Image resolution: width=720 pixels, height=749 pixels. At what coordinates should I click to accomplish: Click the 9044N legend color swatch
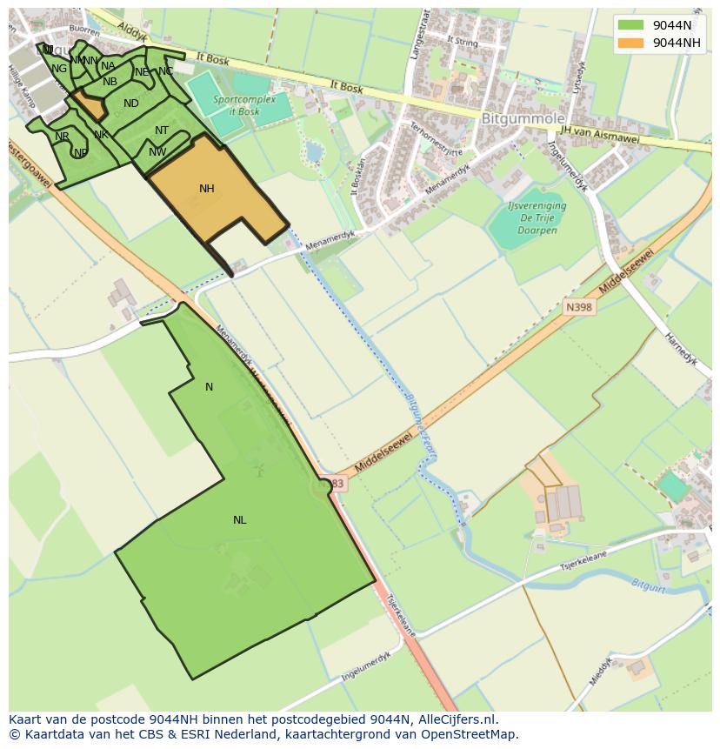[630, 25]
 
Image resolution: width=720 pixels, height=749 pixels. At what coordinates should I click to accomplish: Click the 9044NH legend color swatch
[630, 43]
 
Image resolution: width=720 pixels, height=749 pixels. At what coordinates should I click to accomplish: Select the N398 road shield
[578, 307]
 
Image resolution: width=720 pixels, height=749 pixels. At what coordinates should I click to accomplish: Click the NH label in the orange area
[206, 189]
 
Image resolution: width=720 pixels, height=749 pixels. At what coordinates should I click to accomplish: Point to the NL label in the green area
[239, 520]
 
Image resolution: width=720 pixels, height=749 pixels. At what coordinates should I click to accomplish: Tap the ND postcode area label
[131, 104]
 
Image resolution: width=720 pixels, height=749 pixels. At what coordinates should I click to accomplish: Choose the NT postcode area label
[162, 130]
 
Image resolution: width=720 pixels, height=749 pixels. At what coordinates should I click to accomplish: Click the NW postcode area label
[157, 152]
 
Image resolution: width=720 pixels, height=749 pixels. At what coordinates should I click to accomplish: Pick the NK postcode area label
[101, 135]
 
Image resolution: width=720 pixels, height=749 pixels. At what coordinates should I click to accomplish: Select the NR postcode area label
[62, 137]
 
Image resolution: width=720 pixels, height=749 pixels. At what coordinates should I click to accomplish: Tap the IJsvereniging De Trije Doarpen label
[537, 212]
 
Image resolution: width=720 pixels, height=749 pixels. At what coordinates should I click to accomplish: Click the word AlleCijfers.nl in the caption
[455, 719]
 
